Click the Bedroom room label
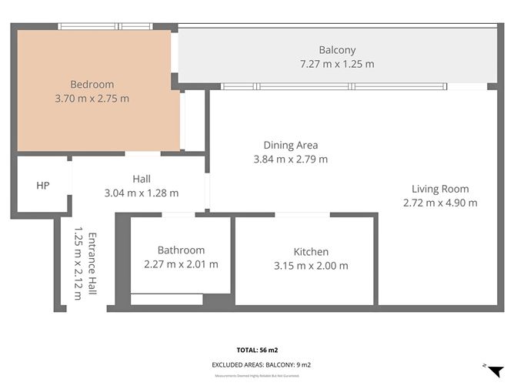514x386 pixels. click(92, 85)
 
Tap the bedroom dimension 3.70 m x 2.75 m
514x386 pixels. click(92, 99)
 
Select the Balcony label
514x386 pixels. click(337, 50)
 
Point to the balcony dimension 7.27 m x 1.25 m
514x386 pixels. click(337, 64)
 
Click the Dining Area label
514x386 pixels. click(290, 145)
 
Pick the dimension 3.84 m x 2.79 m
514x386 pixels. click(290, 159)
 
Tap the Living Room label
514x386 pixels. click(439, 189)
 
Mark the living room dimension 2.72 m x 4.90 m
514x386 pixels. click(439, 203)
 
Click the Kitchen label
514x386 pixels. click(311, 252)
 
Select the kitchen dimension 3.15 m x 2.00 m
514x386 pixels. click(311, 266)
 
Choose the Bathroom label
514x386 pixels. click(181, 250)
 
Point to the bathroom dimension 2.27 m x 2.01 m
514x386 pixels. click(181, 264)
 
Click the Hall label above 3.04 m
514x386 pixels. click(141, 179)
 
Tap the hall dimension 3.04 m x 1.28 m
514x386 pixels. click(141, 193)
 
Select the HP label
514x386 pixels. click(43, 186)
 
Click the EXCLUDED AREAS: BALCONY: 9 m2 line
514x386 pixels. click(261, 364)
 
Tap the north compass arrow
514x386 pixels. click(495, 370)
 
